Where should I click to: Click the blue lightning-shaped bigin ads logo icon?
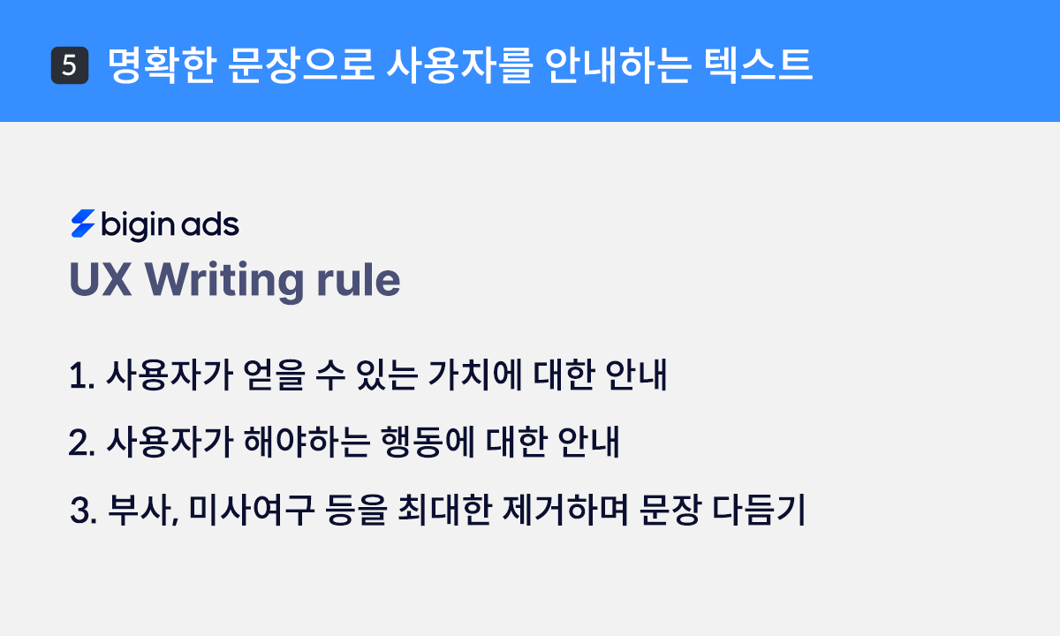tap(82, 225)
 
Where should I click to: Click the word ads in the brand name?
tap(210, 226)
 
